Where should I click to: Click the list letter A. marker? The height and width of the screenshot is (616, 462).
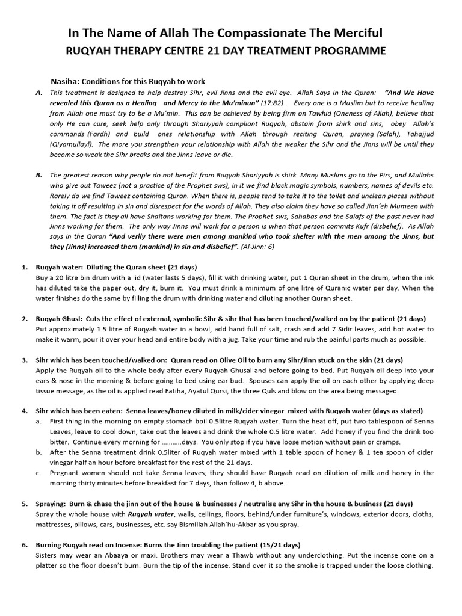pyautogui.click(x=38, y=93)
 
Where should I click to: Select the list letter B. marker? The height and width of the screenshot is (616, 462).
pyautogui.click(x=38, y=175)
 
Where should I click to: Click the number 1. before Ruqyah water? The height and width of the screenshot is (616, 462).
pyautogui.click(x=25, y=266)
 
